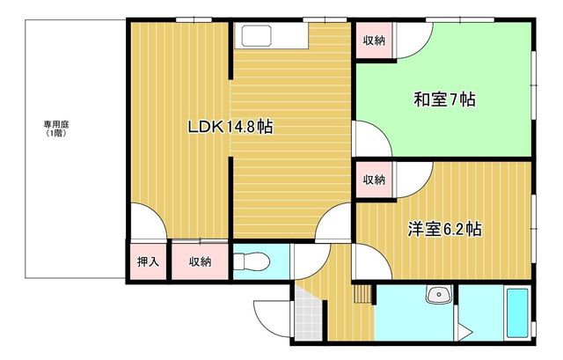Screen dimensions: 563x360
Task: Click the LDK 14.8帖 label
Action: (230, 127)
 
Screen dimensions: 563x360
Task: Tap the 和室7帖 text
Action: (444, 99)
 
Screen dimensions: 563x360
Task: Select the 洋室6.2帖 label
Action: (444, 229)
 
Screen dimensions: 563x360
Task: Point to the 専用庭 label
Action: (56, 124)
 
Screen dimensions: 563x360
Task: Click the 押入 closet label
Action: (148, 261)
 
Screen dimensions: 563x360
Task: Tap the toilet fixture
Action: (251, 261)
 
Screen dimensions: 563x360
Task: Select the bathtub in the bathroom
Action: (517, 312)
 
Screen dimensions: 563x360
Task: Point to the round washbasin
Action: (439, 295)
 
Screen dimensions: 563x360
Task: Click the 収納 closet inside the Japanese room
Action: (374, 40)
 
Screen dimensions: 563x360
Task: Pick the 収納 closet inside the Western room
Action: (374, 180)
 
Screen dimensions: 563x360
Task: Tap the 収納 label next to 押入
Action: (200, 262)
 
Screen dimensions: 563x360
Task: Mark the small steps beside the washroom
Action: (362, 294)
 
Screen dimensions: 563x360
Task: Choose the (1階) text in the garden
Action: (56, 133)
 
